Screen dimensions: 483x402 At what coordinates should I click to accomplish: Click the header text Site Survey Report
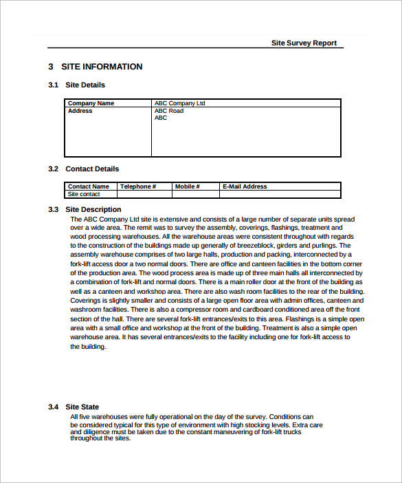tap(304, 43)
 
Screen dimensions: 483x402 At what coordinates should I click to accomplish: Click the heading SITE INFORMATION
tap(102, 67)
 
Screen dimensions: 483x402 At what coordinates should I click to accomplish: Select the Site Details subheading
tap(85, 85)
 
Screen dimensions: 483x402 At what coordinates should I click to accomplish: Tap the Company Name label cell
tap(91, 103)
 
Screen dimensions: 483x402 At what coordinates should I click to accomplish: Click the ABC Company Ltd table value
tap(179, 103)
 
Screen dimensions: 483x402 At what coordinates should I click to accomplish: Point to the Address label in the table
tap(80, 111)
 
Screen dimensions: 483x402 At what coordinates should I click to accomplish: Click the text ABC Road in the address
tap(168, 111)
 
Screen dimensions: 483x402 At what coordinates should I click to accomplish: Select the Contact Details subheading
tap(92, 169)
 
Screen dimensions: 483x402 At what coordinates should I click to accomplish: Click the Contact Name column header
tap(88, 186)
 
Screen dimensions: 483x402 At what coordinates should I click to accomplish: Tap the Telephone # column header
tap(138, 186)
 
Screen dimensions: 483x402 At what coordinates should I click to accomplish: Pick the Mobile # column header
tap(187, 186)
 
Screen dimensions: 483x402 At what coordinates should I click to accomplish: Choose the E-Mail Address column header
tap(245, 186)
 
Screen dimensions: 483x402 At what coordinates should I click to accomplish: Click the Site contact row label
tap(84, 194)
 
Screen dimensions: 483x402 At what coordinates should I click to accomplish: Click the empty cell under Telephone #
tap(144, 194)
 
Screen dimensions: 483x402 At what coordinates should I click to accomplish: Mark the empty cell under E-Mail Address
tap(280, 194)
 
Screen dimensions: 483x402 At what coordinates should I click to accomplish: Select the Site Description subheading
tap(93, 209)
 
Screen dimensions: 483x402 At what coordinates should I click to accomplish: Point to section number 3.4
tap(53, 407)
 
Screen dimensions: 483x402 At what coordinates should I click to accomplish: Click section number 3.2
tap(53, 169)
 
